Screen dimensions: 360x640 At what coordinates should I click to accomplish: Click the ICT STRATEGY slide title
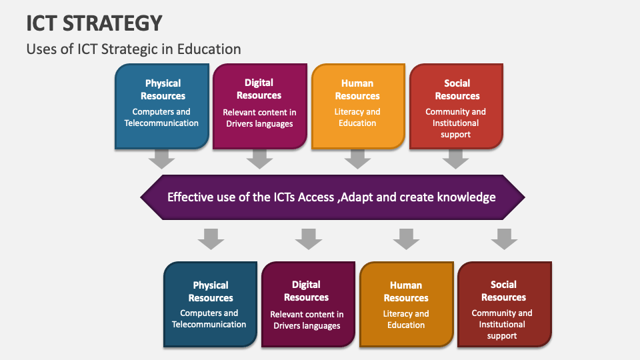(95, 23)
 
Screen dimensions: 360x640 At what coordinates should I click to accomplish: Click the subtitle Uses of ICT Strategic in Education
(133, 49)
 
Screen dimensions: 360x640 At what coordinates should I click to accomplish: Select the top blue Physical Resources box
(162, 106)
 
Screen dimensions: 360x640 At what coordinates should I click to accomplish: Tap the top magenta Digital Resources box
(259, 106)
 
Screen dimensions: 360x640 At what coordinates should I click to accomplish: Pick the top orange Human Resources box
(357, 106)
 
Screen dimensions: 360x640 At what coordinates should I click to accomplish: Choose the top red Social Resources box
(456, 106)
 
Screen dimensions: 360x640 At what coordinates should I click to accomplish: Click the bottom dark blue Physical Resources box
(210, 305)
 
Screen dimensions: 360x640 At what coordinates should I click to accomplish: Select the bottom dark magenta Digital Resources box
(307, 305)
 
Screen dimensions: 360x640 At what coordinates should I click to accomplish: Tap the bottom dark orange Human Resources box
(405, 305)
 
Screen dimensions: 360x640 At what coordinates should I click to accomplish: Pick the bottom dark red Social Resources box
(504, 305)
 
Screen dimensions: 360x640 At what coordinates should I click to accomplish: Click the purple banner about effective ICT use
(332, 197)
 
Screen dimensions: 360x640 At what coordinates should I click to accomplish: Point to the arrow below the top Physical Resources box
(162, 159)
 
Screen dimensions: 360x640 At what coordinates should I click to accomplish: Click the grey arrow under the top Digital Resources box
(259, 159)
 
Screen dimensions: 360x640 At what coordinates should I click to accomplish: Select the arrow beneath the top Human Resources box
(357, 159)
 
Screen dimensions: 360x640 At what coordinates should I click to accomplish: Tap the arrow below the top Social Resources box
(456, 159)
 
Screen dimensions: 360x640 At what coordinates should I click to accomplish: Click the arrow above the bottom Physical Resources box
(211, 239)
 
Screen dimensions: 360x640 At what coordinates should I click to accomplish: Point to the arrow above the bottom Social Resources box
(504, 239)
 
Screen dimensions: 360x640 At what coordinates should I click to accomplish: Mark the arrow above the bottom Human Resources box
(406, 239)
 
